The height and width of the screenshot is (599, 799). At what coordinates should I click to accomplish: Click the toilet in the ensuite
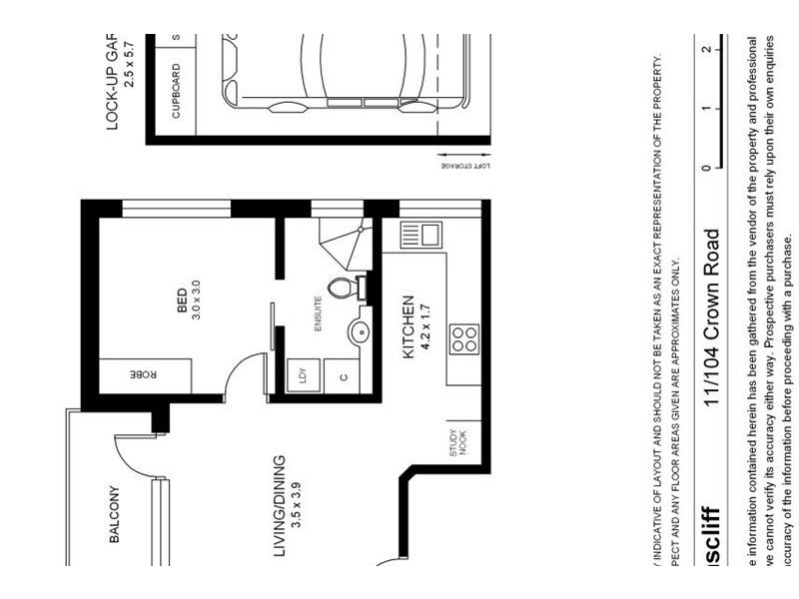(346, 289)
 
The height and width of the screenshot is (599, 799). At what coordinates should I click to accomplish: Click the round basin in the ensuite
(358, 330)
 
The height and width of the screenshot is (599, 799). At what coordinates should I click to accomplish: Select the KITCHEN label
(407, 327)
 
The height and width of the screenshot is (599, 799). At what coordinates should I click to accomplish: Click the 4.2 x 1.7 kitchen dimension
(422, 327)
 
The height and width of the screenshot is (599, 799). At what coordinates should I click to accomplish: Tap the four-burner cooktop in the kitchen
(463, 339)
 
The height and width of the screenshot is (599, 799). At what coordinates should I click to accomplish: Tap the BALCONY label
(114, 515)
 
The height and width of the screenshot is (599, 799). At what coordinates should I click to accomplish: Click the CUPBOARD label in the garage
(177, 92)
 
